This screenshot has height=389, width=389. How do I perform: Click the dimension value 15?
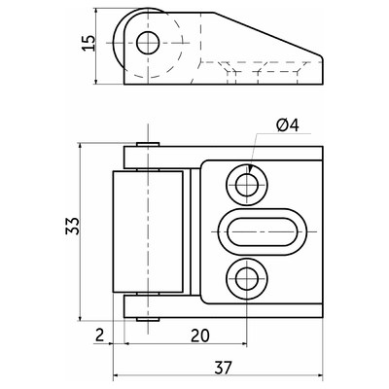88,43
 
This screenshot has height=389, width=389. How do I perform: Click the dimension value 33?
72,226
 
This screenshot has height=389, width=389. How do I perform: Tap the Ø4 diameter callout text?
288,125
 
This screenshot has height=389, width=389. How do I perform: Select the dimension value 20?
200,336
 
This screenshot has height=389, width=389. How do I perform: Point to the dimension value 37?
223,368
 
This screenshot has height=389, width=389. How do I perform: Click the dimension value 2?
99,335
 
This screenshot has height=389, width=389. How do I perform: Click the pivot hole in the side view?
148,43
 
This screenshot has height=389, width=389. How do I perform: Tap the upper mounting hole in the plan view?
247,185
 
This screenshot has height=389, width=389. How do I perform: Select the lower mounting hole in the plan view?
247,278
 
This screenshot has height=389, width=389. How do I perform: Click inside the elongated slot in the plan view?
263,231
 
